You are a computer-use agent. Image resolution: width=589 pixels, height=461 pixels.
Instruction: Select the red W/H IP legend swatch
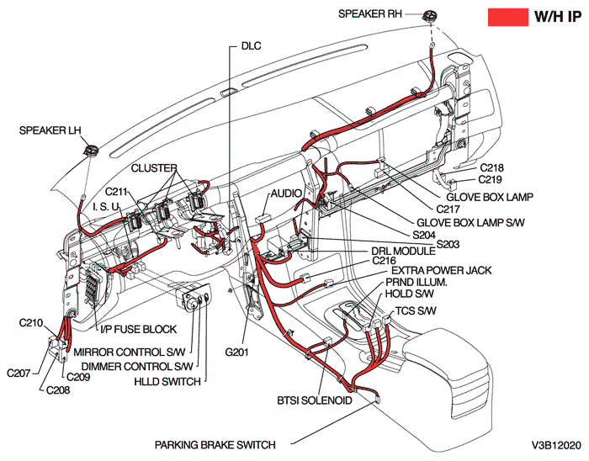coord(507,16)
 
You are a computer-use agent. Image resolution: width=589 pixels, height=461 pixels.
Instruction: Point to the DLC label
coord(251,45)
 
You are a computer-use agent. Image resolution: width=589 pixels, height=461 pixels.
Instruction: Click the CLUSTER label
coord(152,168)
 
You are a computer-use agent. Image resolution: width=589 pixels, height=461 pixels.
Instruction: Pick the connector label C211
coord(117,191)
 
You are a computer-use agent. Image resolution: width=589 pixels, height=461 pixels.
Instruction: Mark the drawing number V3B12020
coord(555,444)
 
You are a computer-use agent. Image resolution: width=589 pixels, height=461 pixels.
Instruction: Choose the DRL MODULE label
coord(403,252)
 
